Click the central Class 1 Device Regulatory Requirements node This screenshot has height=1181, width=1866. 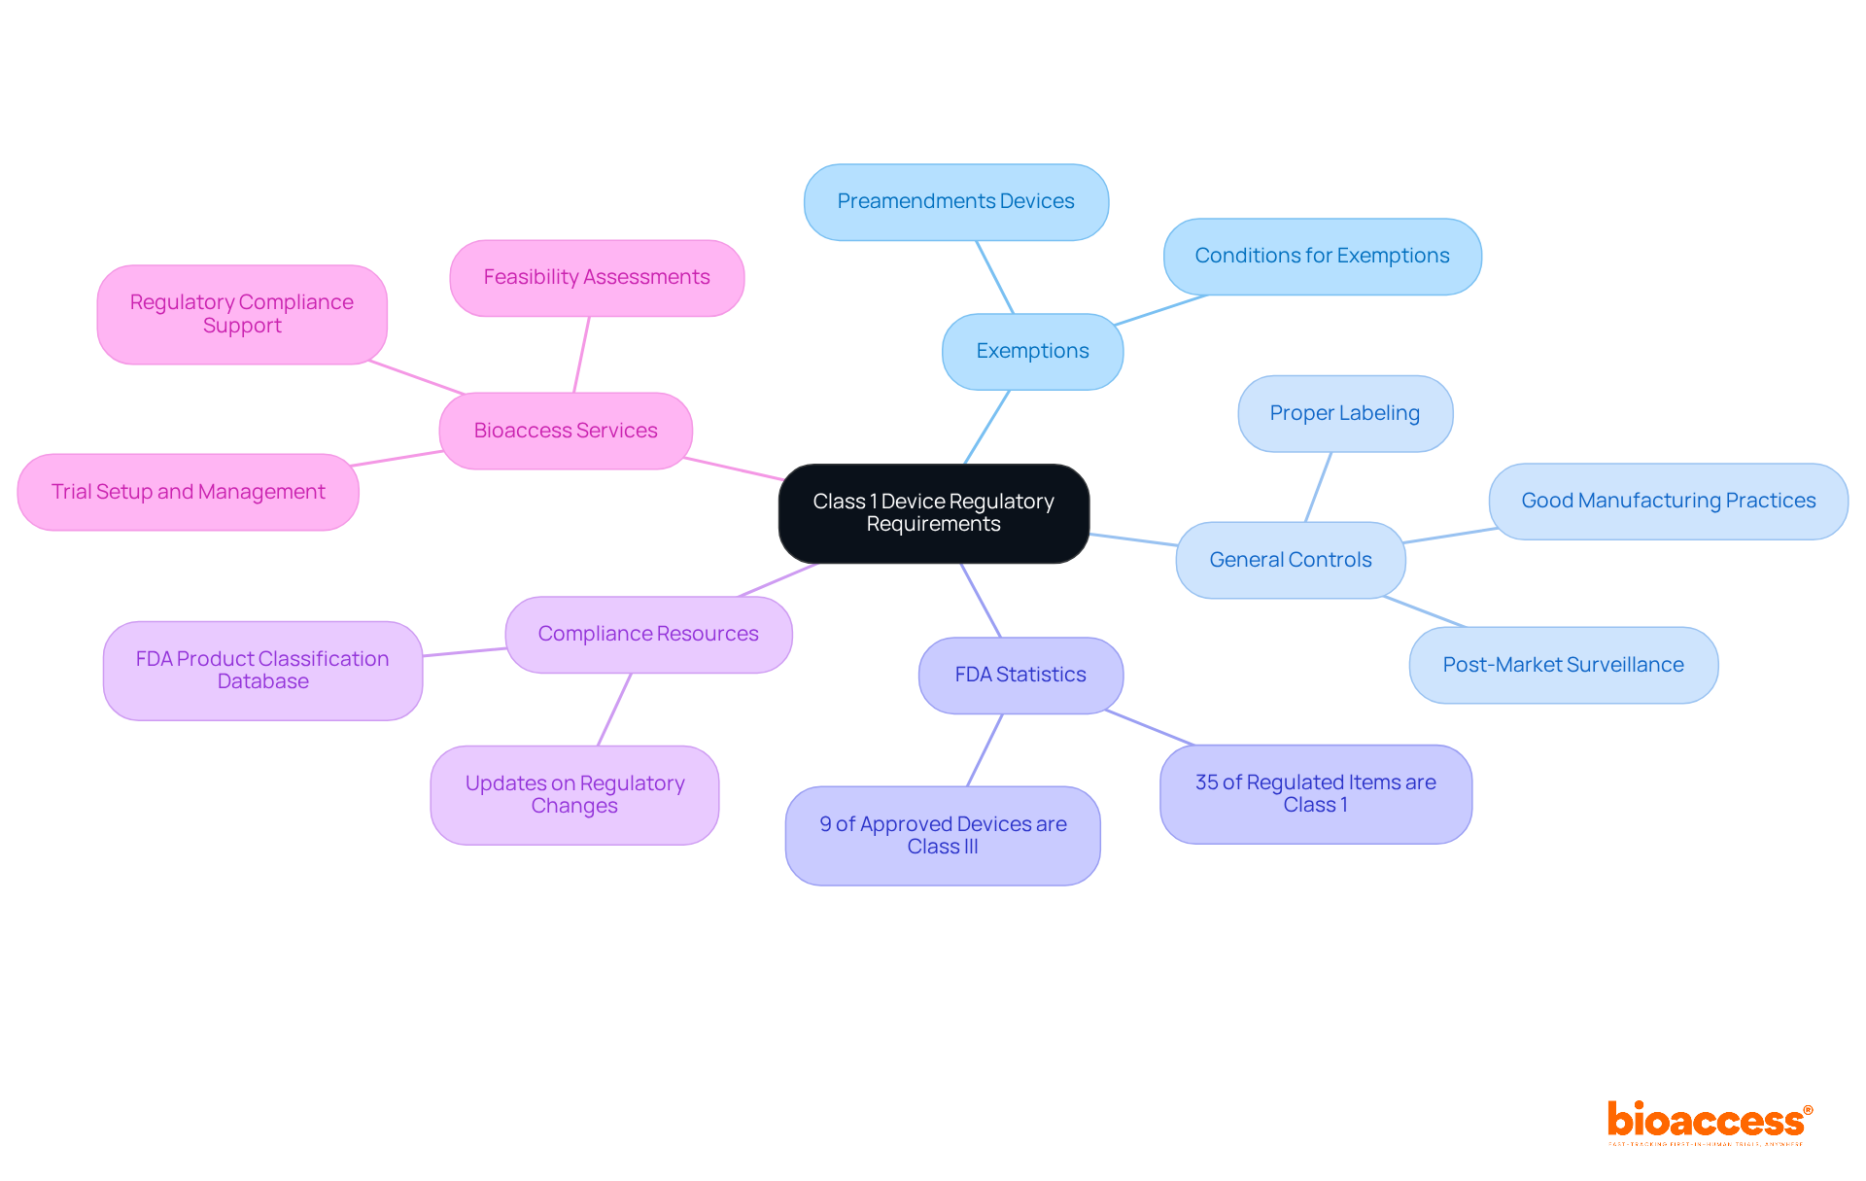tap(933, 513)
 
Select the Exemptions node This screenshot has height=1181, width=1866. tap(1032, 351)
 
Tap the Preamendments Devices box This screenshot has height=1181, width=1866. tap(955, 201)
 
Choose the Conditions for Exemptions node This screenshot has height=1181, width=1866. tap(1322, 256)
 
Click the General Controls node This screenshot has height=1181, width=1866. tap(1290, 560)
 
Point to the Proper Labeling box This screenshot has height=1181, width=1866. tap(1344, 413)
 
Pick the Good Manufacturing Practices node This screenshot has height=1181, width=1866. tap(1668, 501)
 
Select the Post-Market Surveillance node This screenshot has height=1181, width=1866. tap(1563, 665)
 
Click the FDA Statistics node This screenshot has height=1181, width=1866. tap(1020, 675)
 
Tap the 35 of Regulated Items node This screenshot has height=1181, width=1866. tap(1315, 793)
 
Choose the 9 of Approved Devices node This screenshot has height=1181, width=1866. tap(943, 835)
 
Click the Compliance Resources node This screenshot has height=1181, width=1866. tap(648, 634)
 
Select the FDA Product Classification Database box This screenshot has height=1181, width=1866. tap(262, 670)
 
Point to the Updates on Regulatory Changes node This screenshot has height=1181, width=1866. tap(574, 794)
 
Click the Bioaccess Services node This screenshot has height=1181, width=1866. tap(566, 431)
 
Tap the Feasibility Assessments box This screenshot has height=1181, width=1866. tap(597, 277)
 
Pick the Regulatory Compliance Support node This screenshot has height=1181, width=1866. tap(242, 314)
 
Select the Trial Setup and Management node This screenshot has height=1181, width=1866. tap(188, 492)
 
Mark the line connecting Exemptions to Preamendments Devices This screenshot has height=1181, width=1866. tap(994, 276)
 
